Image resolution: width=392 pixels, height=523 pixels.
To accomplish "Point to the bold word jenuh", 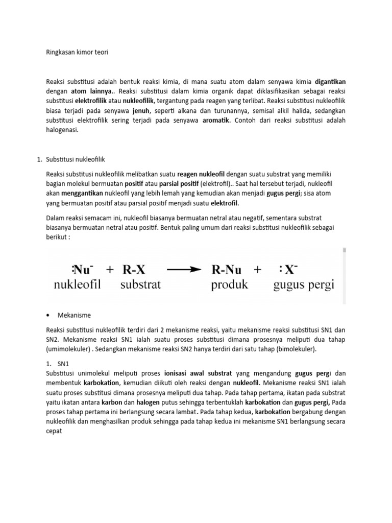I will (x=141, y=110).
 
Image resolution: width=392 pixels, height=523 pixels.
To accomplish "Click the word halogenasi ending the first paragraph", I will (x=62, y=130).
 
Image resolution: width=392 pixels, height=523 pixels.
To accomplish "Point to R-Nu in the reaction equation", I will (x=228, y=270).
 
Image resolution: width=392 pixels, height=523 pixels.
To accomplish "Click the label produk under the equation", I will (x=229, y=284).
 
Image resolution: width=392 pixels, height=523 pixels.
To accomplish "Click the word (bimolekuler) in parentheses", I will (x=292, y=349).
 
